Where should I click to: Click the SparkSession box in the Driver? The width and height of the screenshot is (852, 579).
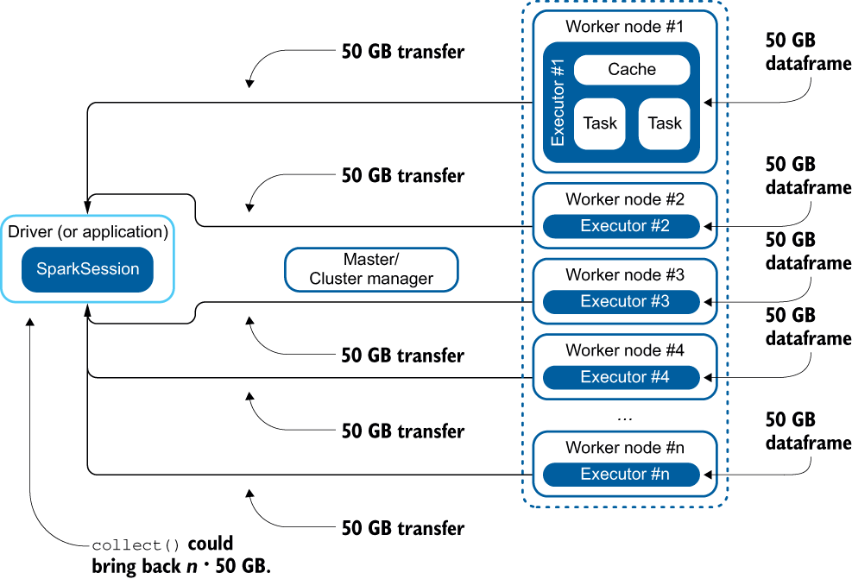tap(87, 269)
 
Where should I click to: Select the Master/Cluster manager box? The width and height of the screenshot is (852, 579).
tap(371, 269)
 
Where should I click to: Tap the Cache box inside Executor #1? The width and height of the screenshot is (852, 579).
tap(632, 70)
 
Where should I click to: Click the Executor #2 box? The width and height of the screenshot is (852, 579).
tap(625, 227)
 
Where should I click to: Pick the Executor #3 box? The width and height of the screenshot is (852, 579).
tap(625, 302)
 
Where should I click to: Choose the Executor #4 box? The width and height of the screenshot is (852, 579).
tap(625, 377)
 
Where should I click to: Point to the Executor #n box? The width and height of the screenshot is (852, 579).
tap(625, 475)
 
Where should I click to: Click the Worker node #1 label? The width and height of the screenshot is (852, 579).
tap(625, 26)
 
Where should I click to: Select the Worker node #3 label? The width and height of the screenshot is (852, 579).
tap(625, 275)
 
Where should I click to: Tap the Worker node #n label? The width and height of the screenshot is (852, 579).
tap(625, 448)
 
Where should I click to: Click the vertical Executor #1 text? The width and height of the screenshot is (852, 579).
tap(558, 102)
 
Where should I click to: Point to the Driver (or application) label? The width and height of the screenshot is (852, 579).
tap(87, 232)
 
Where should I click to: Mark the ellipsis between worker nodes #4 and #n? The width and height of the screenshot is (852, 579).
tap(626, 418)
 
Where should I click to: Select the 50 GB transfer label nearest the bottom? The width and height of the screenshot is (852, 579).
tap(402, 528)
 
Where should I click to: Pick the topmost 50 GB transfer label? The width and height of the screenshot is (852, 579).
tap(402, 52)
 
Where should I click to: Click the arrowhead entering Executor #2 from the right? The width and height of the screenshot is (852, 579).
tap(708, 227)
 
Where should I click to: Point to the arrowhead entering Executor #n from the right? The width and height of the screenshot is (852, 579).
tap(708, 475)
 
